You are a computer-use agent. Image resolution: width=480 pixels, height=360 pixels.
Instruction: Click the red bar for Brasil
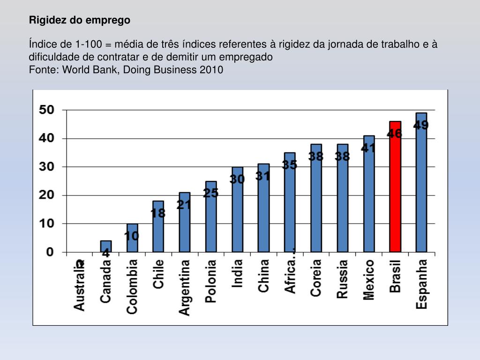coord(395,187)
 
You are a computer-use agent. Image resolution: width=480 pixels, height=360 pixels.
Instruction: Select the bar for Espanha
coord(421,183)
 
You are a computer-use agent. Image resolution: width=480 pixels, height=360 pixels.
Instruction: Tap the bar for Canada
coord(106,247)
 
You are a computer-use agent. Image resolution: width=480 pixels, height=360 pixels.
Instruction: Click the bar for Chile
coord(158,227)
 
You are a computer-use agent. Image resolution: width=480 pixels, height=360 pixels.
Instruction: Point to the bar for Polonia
coord(211,217)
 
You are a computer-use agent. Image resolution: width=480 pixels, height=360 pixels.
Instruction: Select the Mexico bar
coord(369,195)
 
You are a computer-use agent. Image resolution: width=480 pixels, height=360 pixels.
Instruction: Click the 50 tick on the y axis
coord(47,110)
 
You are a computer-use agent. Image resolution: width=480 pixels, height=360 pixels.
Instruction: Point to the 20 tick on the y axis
coord(47,195)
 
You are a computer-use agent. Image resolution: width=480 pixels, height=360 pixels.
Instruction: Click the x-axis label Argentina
coord(185,287)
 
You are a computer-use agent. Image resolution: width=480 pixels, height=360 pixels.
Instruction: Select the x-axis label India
coord(238,273)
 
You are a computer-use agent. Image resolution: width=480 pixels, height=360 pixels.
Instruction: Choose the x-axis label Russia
coord(343,279)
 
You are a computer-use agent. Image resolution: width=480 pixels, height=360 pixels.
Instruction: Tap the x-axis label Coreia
coord(316,277)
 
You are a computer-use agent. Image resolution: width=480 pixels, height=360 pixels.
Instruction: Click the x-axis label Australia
coord(80,285)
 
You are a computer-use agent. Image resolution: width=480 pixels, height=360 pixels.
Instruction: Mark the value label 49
coord(421,125)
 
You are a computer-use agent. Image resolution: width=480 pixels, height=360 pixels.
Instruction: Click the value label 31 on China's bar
coord(263,176)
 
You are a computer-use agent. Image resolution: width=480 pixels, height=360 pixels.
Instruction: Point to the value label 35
coord(289,165)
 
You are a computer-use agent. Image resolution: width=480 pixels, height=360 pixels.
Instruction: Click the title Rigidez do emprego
coord(80,20)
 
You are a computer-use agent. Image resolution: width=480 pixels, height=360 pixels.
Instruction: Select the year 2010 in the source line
coord(211,70)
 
